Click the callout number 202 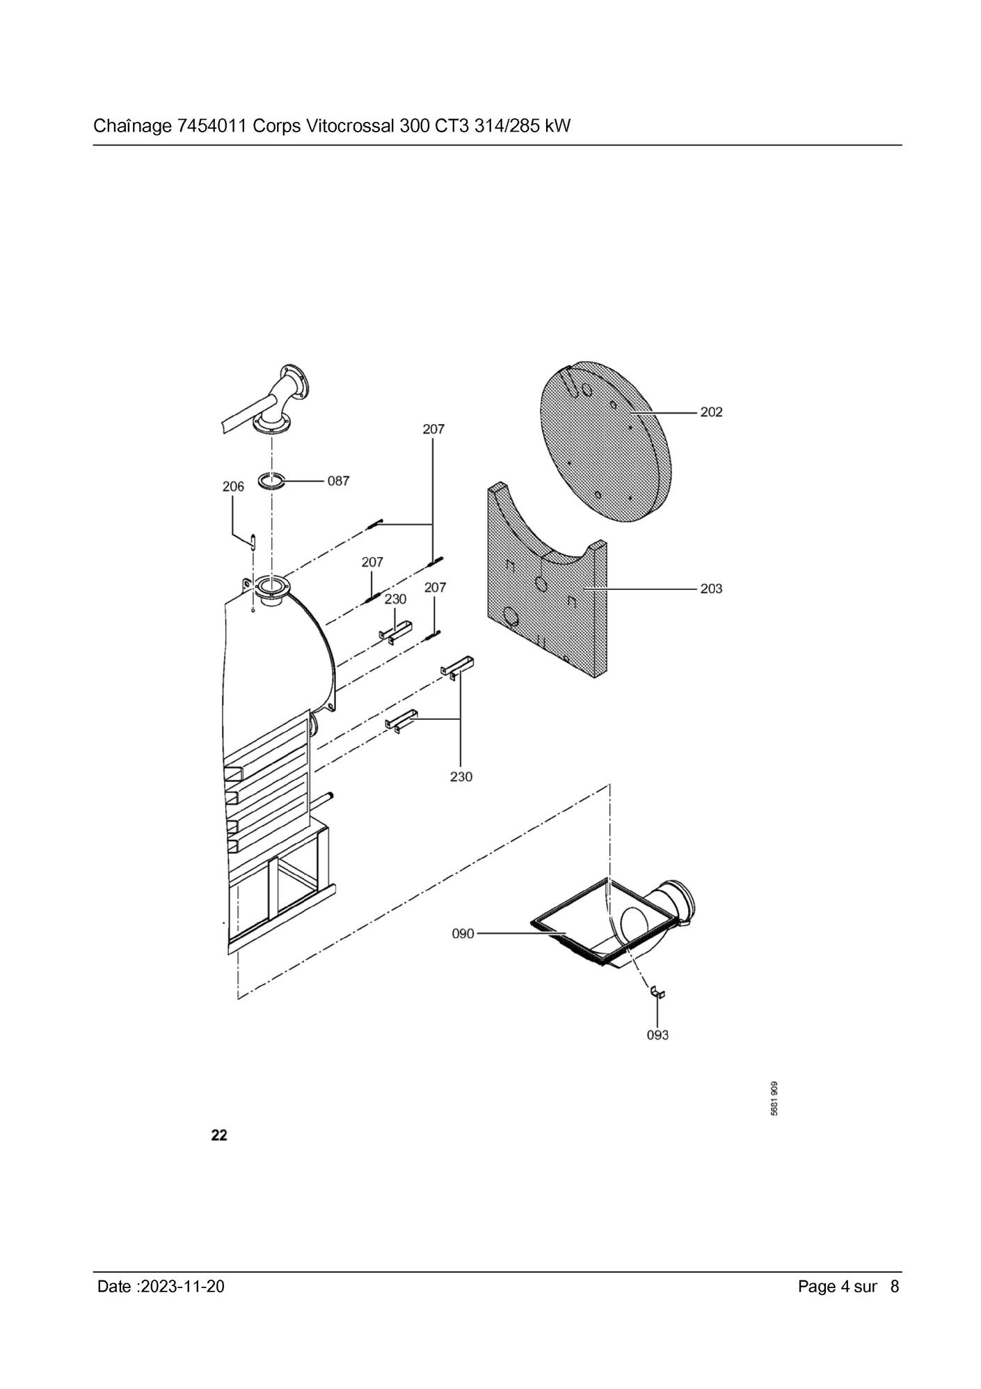pos(710,412)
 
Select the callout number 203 pos(710,589)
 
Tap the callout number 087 pos(338,481)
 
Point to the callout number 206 pos(233,487)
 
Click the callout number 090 pos(463,934)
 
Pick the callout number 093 pos(657,1035)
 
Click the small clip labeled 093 pos(657,993)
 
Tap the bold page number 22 pos(219,1136)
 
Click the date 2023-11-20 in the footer pos(182,1287)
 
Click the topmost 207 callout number pos(433,430)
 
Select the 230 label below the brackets pos(461,776)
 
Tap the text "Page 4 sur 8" pos(848,1287)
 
